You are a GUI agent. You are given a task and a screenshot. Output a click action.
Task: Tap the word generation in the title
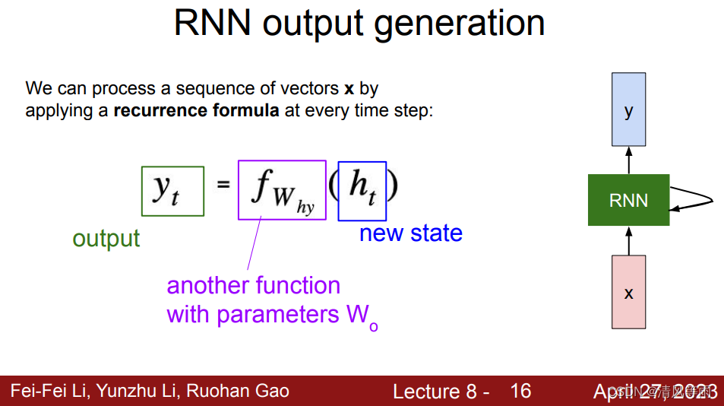tap(460, 24)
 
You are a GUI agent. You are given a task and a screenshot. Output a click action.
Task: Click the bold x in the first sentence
tap(349, 88)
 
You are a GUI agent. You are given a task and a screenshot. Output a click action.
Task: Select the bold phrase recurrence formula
tap(196, 111)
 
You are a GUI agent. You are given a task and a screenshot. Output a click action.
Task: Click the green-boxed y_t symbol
tap(172, 190)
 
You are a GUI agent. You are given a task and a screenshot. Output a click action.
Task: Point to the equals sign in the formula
tap(223, 185)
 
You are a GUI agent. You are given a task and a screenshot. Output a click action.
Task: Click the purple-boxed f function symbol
tap(282, 189)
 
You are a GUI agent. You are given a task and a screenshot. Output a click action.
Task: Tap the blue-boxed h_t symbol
tap(362, 190)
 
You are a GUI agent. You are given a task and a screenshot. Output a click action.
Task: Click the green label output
tap(106, 239)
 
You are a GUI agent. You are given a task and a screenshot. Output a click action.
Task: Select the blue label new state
tap(410, 233)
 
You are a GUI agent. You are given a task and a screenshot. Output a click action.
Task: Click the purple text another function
tap(253, 286)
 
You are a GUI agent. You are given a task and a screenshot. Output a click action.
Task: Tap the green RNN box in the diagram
tap(628, 200)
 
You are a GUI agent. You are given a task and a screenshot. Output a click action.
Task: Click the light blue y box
tap(628, 109)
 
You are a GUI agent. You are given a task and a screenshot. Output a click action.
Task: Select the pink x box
tap(628, 292)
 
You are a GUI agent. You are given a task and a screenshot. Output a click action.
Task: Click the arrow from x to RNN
tap(628, 239)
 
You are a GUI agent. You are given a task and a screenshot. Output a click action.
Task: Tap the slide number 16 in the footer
tap(520, 391)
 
